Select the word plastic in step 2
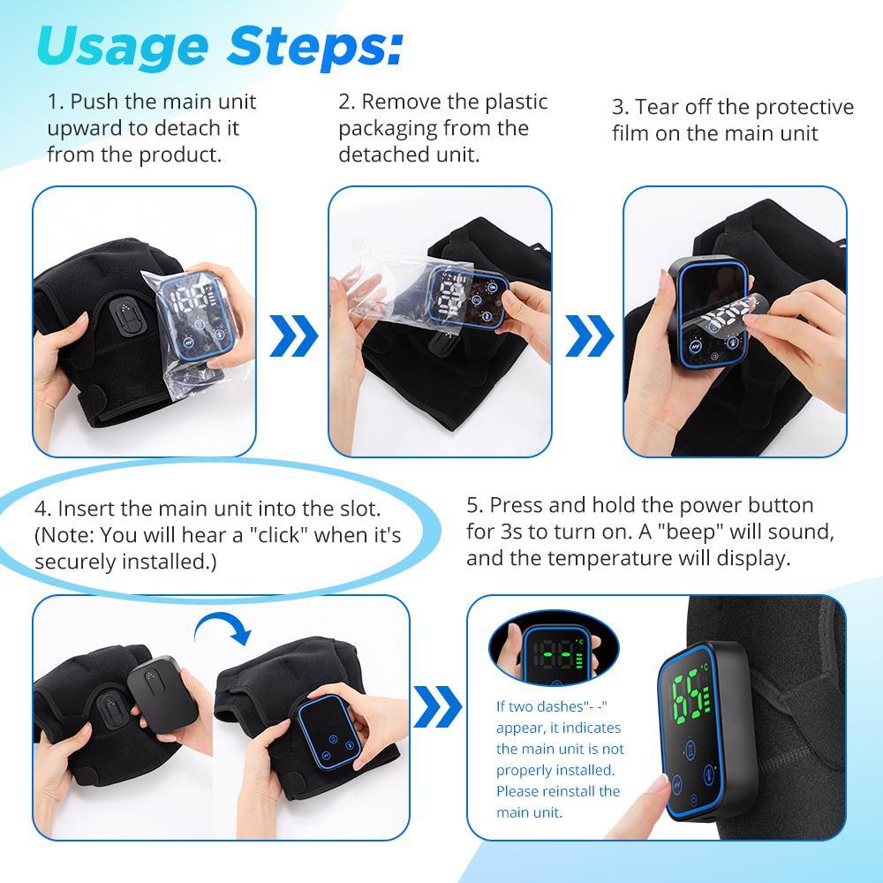509,102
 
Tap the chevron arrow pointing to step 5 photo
438,706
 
